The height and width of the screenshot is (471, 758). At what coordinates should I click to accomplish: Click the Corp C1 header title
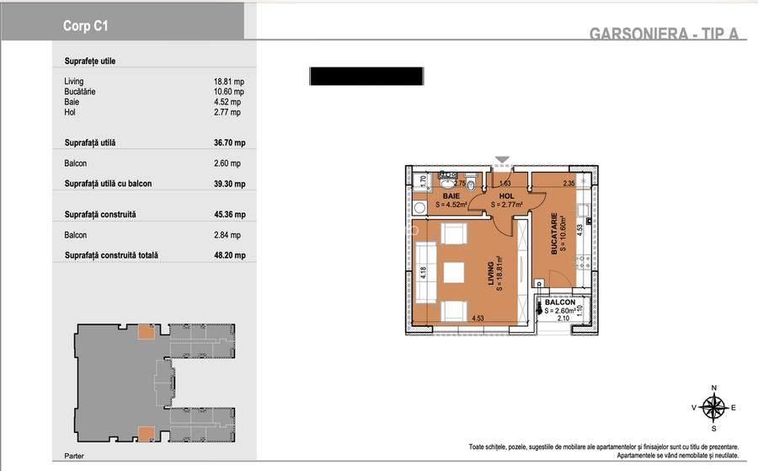pyautogui.click(x=86, y=26)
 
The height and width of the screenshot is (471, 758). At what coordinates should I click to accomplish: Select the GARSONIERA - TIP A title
pyautogui.click(x=665, y=33)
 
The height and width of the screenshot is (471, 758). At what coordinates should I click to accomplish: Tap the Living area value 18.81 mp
pyautogui.click(x=228, y=82)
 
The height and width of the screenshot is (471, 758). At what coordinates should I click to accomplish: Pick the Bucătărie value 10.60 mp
pyautogui.click(x=228, y=92)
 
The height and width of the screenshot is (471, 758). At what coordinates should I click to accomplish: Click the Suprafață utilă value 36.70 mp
pyautogui.click(x=230, y=142)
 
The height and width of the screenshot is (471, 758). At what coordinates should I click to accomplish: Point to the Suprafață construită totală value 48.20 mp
pyautogui.click(x=230, y=254)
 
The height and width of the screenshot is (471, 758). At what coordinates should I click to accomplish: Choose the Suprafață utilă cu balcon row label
pyautogui.click(x=109, y=184)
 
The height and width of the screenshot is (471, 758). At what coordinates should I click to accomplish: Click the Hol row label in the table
pyautogui.click(x=70, y=112)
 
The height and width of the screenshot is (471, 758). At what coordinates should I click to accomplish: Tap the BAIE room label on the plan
pyautogui.click(x=451, y=195)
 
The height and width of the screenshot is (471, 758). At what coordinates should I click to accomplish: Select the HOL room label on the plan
pyautogui.click(x=507, y=195)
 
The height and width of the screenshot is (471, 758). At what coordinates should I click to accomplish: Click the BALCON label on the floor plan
pyautogui.click(x=560, y=302)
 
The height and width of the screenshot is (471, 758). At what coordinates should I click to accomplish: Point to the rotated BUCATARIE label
pyautogui.click(x=554, y=233)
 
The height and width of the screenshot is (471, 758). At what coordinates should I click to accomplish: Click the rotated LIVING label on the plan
pyautogui.click(x=491, y=273)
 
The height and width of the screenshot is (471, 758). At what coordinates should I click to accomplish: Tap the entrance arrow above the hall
pyautogui.click(x=503, y=159)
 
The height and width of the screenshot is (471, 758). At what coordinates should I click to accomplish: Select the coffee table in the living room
pyautogui.click(x=454, y=273)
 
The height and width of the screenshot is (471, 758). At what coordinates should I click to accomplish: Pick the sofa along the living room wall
pyautogui.click(x=426, y=273)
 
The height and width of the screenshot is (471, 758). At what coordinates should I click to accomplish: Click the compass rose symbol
pyautogui.click(x=713, y=408)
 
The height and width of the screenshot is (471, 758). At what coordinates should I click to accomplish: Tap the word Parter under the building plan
pyautogui.click(x=74, y=456)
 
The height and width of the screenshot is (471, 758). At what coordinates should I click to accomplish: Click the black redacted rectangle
pyautogui.click(x=366, y=77)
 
